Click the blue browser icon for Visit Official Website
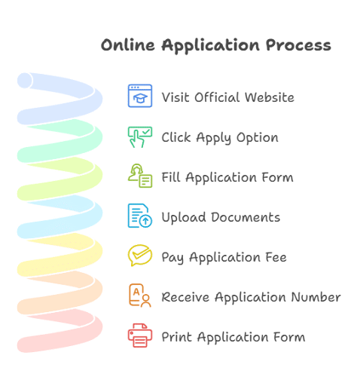pyautogui.click(x=139, y=96)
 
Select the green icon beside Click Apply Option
pyautogui.click(x=139, y=136)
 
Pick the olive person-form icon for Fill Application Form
pyautogui.click(x=139, y=176)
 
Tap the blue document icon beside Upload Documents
pyautogui.click(x=139, y=216)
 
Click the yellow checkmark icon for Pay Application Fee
pyautogui.click(x=139, y=256)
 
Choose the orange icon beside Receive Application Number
pyautogui.click(x=139, y=296)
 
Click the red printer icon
pyautogui.click(x=139, y=335)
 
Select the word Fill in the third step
pyautogui.click(x=171, y=177)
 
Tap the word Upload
pyautogui.click(x=183, y=218)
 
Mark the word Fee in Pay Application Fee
pyautogui.click(x=275, y=257)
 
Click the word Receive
pyautogui.click(x=186, y=297)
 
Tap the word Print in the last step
pyautogui.click(x=176, y=336)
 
